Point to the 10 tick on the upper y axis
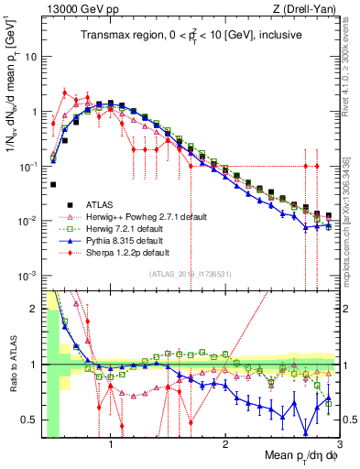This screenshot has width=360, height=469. coord(31,57)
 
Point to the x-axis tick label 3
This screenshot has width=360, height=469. coord(339,444)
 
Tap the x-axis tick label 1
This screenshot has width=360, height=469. coord(111,444)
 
